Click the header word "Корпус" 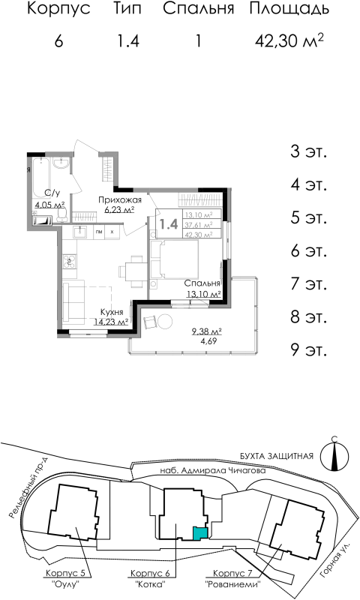pyautogui.click(x=58, y=10)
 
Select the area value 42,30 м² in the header pyautogui.click(x=289, y=41)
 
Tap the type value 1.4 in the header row pyautogui.click(x=127, y=41)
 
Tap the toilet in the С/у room pyautogui.click(x=62, y=215)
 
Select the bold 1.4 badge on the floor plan pyautogui.click(x=168, y=223)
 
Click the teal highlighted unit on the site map pyautogui.click(x=199, y=533)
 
